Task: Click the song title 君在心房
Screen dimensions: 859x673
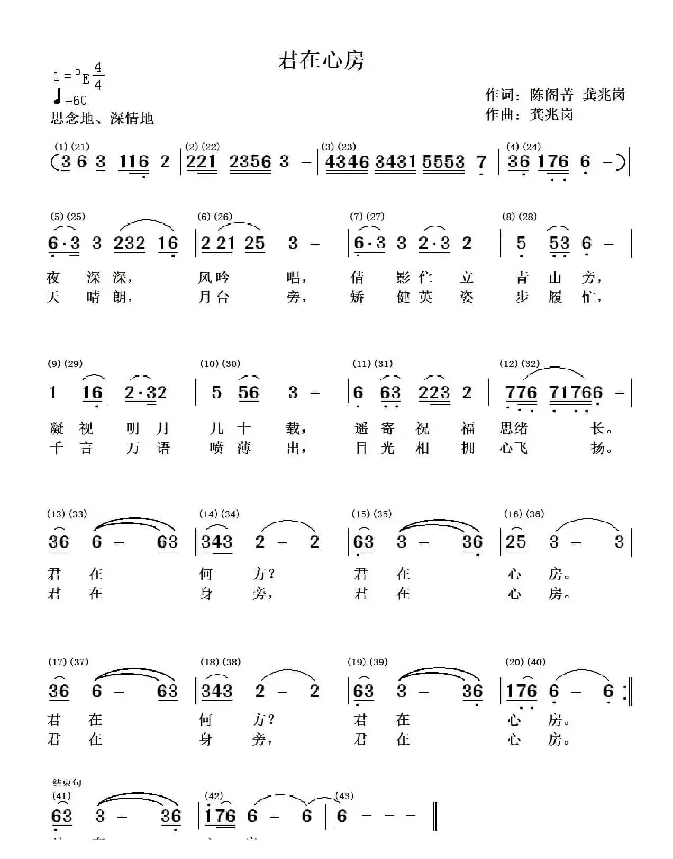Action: click(321, 60)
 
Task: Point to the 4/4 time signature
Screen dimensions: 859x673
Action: click(98, 76)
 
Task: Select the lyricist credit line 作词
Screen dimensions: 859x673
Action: click(555, 95)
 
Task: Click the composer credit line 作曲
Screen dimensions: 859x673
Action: click(529, 114)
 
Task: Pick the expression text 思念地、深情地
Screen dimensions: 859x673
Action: click(102, 118)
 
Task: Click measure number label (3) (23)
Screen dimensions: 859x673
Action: click(339, 147)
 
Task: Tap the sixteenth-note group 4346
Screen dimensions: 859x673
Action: click(347, 162)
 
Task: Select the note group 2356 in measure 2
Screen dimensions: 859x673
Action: click(250, 162)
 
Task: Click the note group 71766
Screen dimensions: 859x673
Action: click(576, 393)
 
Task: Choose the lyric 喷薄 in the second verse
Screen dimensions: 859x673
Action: click(230, 449)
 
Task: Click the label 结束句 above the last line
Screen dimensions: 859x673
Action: click(67, 783)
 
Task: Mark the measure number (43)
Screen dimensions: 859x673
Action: click(344, 796)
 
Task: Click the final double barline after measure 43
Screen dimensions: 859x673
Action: click(435, 816)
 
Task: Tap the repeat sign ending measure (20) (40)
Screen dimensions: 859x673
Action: click(628, 692)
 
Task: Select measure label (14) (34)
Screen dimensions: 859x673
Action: click(219, 514)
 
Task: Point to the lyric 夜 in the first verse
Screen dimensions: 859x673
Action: click(53, 278)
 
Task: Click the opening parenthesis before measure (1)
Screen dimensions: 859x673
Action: click(54, 162)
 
